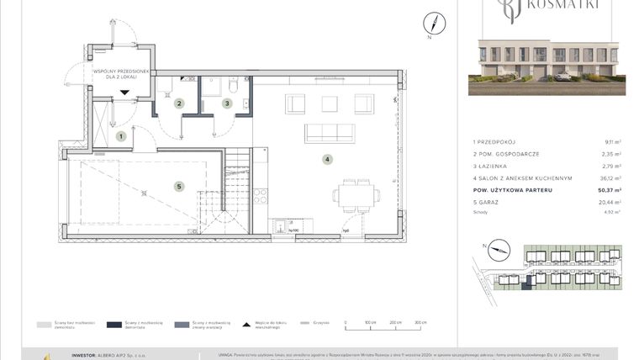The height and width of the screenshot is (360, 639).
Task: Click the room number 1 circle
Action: tap(121, 135)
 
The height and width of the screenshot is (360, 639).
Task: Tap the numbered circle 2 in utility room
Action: tap(179, 103)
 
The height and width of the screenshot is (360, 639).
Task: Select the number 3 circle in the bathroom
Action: tap(226, 103)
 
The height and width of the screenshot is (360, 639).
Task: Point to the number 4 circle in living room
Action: tap(328, 159)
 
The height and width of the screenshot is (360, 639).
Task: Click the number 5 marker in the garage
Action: tap(179, 187)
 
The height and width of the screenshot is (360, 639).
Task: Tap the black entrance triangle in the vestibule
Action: tap(124, 93)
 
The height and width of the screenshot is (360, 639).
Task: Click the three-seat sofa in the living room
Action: tap(329, 133)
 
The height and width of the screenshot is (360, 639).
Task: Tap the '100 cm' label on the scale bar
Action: tap(369, 322)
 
